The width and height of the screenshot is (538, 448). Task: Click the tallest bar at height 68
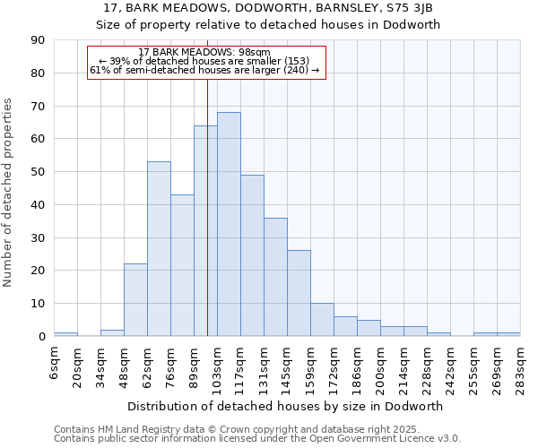tap(229, 224)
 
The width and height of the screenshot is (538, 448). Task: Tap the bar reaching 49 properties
tap(252, 255)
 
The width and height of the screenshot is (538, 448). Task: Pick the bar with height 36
tap(275, 277)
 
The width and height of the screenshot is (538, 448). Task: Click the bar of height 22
tap(135, 300)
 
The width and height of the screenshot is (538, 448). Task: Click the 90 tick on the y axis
tap(38, 40)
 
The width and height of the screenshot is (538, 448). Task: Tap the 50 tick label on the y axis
tap(38, 172)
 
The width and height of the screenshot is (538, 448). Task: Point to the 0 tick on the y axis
tap(41, 337)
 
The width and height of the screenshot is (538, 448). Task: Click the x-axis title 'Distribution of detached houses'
tap(286, 406)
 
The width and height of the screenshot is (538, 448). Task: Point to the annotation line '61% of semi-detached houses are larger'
tap(204, 70)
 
